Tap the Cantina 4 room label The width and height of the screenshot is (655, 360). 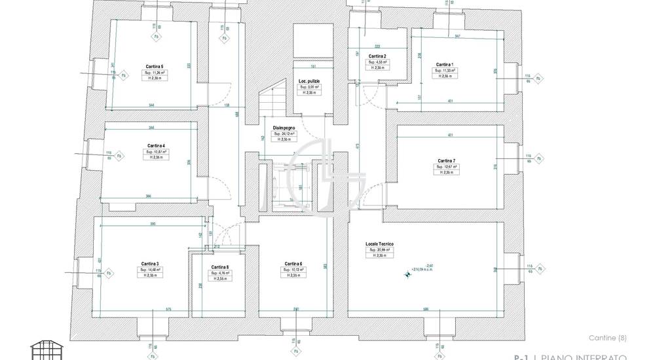(x=156, y=145)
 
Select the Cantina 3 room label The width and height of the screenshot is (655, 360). (x=149, y=264)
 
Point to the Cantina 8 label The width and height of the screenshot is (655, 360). (x=220, y=267)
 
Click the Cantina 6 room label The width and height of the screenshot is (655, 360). (x=293, y=264)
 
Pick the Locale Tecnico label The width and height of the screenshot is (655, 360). (x=379, y=244)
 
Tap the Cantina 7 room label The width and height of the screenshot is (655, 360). (x=446, y=161)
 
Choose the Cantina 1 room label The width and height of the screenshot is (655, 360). (x=445, y=64)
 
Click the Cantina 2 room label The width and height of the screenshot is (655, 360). (x=377, y=56)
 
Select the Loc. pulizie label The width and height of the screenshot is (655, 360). (x=309, y=81)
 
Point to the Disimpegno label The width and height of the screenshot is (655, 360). (x=284, y=128)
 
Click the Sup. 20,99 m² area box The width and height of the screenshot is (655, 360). (x=379, y=250)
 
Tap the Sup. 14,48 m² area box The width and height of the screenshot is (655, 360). (x=149, y=270)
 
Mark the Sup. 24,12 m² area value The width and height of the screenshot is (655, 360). (x=284, y=134)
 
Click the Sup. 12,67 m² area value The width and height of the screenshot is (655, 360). (x=446, y=167)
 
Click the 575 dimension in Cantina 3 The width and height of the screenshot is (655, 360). (x=150, y=309)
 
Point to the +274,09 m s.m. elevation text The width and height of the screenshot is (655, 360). (x=424, y=269)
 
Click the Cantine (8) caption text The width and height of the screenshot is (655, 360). (x=607, y=338)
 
